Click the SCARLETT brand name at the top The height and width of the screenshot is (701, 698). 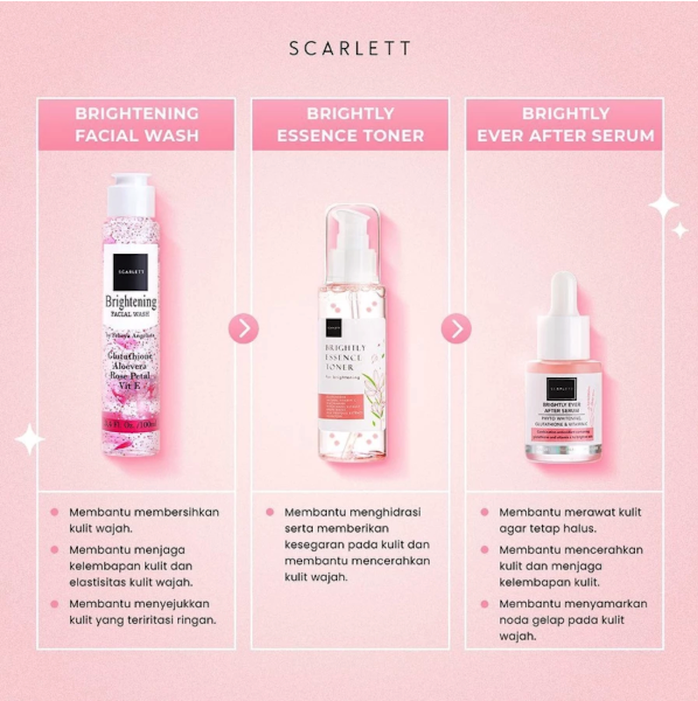[349, 48]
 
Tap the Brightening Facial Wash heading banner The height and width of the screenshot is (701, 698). [136, 124]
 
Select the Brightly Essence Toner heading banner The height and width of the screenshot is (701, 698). [350, 124]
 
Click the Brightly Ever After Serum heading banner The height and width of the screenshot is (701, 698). [565, 124]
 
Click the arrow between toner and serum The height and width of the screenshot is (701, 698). [456, 329]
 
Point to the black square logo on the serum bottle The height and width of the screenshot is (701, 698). [561, 385]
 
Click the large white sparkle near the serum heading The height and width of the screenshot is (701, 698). [663, 206]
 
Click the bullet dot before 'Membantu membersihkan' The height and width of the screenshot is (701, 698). [54, 512]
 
